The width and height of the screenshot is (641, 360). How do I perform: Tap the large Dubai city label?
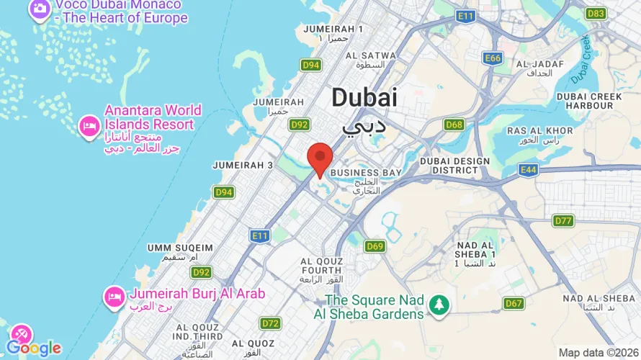[364, 99]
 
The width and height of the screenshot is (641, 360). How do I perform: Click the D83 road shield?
[596, 14]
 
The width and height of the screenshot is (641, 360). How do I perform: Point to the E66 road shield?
[493, 58]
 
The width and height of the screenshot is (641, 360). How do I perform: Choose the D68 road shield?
[454, 125]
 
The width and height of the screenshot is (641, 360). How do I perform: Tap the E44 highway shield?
[528, 170]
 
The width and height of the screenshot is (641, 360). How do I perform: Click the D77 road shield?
[562, 220]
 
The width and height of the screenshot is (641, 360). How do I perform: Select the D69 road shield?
[375, 247]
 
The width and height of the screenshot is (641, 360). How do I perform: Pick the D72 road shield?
[271, 323]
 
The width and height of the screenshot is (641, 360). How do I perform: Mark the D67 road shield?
[514, 303]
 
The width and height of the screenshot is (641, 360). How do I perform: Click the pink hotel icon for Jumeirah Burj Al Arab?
[114, 296]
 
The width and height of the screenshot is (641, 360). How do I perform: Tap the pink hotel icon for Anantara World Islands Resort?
[89, 125]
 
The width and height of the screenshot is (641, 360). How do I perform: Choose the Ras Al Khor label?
[539, 130]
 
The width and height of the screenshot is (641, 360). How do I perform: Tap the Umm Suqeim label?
[180, 248]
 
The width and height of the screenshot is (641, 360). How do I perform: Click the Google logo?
[34, 348]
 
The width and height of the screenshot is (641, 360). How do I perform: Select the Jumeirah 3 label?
[243, 165]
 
